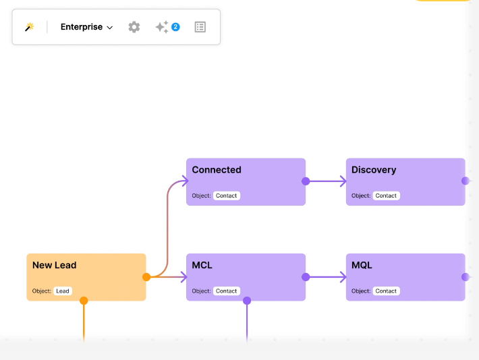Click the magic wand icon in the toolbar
[29, 27]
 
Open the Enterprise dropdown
[86, 27]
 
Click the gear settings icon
[134, 27]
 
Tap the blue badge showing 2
[175, 27]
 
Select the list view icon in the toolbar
[200, 27]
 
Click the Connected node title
[217, 170]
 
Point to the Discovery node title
[374, 170]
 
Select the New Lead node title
[55, 265]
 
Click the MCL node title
[202, 265]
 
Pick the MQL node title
[362, 265]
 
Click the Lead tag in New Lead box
[63, 291]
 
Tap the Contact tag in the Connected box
[227, 196]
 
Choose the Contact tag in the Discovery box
[386, 196]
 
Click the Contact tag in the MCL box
[227, 291]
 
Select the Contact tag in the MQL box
[386, 291]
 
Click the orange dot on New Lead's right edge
[146, 277]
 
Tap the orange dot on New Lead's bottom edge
[84, 301]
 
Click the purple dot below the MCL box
[247, 301]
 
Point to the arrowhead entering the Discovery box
[343, 181]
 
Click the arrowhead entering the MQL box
[343, 277]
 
